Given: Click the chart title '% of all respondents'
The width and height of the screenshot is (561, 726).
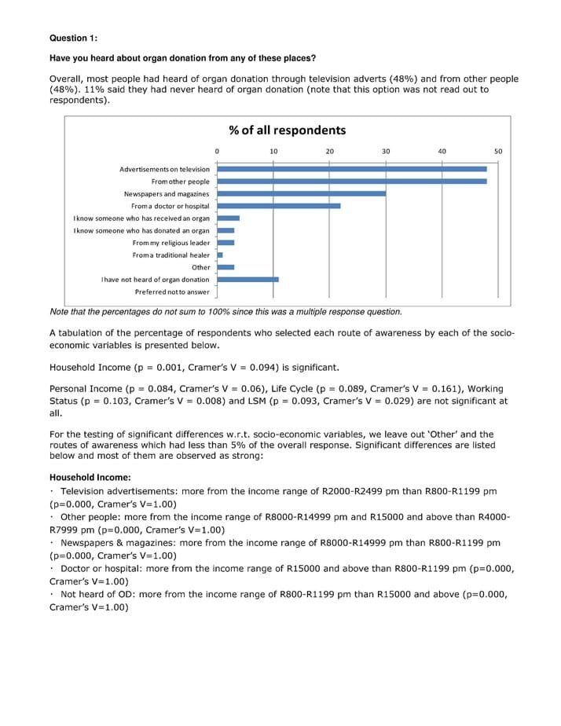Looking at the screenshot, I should coord(287,130).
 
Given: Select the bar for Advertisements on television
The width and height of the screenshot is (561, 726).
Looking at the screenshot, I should coord(351,169).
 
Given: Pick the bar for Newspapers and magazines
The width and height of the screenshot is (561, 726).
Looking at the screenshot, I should coord(301,193).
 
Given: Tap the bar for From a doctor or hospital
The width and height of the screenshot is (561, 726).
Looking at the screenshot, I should coord(278,206).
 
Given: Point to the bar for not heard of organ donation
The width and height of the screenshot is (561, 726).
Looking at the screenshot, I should coord(247,279).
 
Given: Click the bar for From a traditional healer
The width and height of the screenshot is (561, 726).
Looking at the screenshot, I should coord(220,255).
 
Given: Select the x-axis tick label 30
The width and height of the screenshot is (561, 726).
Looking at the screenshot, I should coord(386,152).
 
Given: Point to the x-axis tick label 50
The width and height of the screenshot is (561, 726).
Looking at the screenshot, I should coord(498,152).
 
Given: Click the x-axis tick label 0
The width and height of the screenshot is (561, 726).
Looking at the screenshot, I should coord(217,152).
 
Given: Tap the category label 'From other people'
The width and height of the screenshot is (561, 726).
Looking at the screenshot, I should coord(180,181).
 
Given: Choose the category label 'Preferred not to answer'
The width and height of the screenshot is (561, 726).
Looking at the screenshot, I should coord(172,291).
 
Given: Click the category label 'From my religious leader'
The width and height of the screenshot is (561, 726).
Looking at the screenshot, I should coord(170,243).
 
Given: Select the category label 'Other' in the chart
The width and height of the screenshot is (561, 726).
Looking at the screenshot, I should coord(201,267).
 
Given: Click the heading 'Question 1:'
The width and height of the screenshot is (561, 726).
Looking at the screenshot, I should coord(73,38).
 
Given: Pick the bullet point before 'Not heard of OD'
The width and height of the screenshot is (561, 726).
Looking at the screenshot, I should coord(52,594).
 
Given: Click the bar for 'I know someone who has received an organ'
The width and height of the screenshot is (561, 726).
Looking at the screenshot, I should coord(228,218).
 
